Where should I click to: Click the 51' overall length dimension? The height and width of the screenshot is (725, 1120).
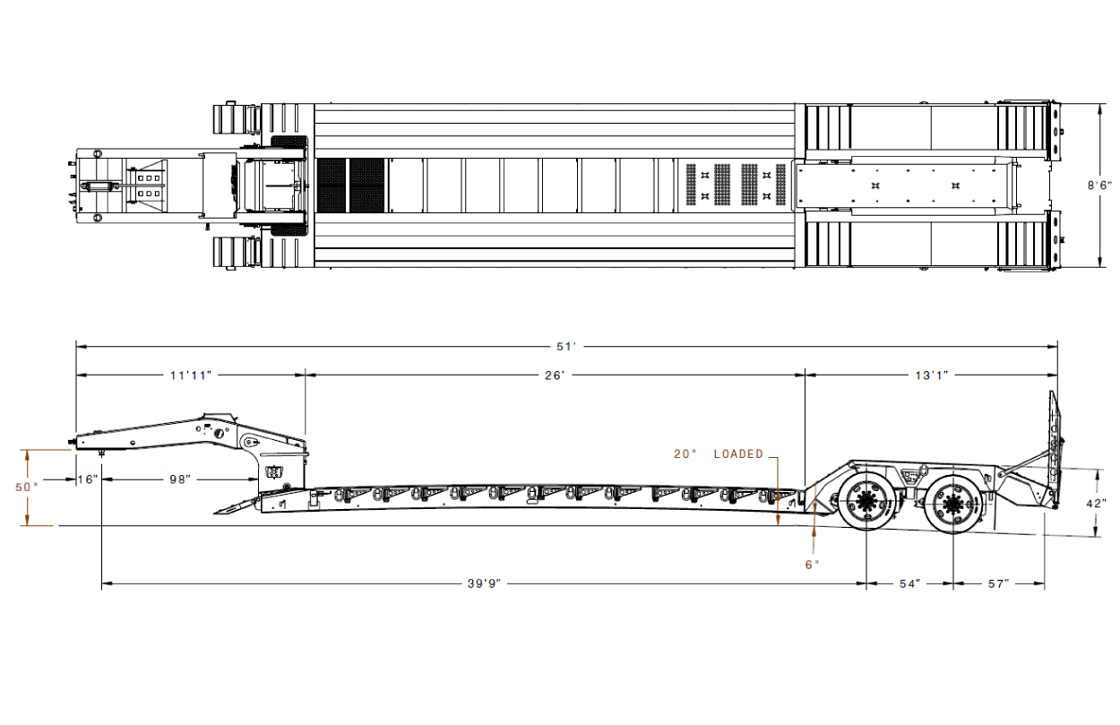566,347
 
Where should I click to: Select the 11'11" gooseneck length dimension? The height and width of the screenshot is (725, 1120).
191,375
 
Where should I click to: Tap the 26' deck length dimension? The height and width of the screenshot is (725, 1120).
555,375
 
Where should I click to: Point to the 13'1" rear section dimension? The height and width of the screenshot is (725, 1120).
932,375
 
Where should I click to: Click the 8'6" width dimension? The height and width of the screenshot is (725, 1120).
1099,185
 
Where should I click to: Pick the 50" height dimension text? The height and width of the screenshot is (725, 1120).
27,487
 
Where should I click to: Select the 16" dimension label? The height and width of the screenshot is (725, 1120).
88,479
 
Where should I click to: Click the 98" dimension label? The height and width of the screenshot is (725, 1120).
179,479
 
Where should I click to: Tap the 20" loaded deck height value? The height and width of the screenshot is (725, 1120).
685,454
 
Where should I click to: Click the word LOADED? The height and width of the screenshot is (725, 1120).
738,454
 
